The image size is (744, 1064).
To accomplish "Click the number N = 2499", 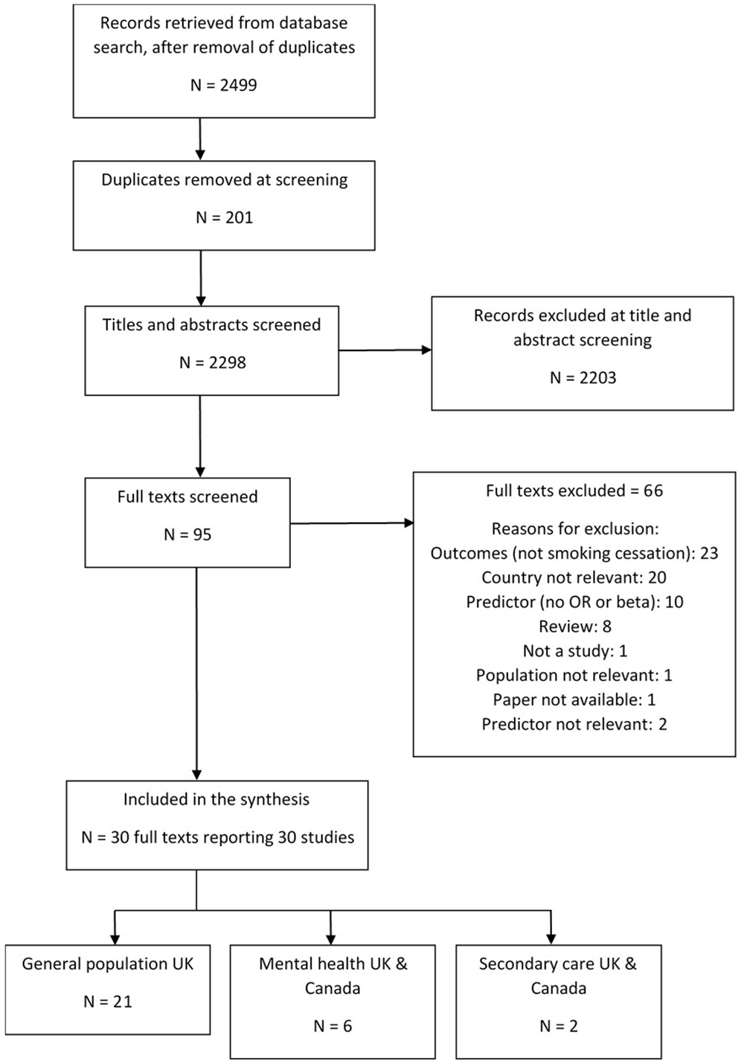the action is point(224,85).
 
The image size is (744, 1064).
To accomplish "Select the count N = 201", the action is point(224,217).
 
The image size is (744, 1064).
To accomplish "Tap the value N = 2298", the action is point(212,362).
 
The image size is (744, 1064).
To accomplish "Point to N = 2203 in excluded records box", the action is point(583,378).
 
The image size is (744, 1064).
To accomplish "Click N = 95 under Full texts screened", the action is point(187,534).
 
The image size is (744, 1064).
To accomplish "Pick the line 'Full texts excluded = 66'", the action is point(574,490).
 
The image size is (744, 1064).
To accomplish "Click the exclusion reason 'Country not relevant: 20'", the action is point(574,577).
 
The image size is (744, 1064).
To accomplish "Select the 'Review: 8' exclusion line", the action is point(575,626).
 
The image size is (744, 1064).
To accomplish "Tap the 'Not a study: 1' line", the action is point(575,650).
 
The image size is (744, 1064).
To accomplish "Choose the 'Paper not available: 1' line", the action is point(574,699).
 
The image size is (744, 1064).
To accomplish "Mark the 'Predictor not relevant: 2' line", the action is point(574,724).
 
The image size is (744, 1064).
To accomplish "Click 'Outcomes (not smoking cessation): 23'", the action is point(574,553).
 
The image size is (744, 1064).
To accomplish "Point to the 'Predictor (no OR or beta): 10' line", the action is point(574,602).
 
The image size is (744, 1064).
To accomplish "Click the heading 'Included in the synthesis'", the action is point(217,799).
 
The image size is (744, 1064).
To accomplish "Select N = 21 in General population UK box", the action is point(108,1001).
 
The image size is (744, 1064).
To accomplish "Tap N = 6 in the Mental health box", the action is point(333,1026).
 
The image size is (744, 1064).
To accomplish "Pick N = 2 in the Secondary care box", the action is point(559,1026).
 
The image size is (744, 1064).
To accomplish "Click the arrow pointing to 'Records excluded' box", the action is point(385,350).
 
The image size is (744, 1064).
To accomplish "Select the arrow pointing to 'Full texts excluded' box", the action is point(352,523).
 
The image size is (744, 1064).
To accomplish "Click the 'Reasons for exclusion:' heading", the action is point(575,529).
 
